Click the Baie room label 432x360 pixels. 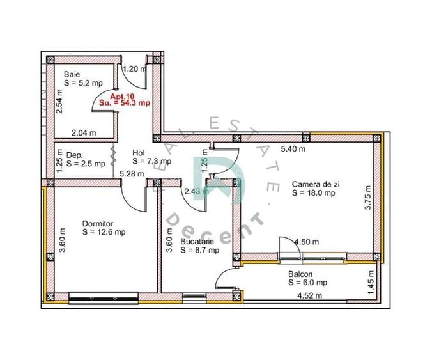point(72,74)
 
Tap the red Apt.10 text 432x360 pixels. point(122,97)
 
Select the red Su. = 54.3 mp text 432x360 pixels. point(125,103)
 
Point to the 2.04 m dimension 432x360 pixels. point(84,133)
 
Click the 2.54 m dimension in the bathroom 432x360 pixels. point(59,102)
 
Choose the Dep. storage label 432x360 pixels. point(74,155)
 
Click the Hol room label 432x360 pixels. point(139,153)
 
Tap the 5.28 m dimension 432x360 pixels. point(132,174)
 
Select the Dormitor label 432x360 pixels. point(98,224)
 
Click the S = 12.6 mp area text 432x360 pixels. point(104,232)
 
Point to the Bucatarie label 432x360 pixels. point(197,242)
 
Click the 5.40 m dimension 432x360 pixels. point(293,149)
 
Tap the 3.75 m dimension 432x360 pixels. point(368,198)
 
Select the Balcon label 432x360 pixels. point(300,274)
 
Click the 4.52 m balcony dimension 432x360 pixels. point(310,296)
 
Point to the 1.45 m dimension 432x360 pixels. point(371,282)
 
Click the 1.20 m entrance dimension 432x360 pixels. point(134,68)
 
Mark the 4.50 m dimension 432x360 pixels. point(307,242)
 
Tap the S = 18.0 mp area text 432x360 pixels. point(314,192)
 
